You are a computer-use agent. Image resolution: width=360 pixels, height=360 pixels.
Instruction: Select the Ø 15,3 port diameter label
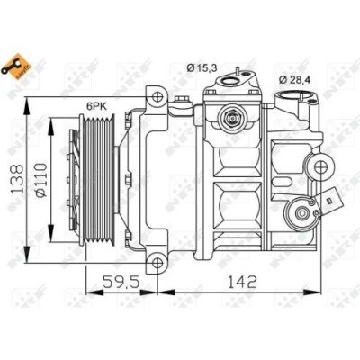click(x=200, y=65)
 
